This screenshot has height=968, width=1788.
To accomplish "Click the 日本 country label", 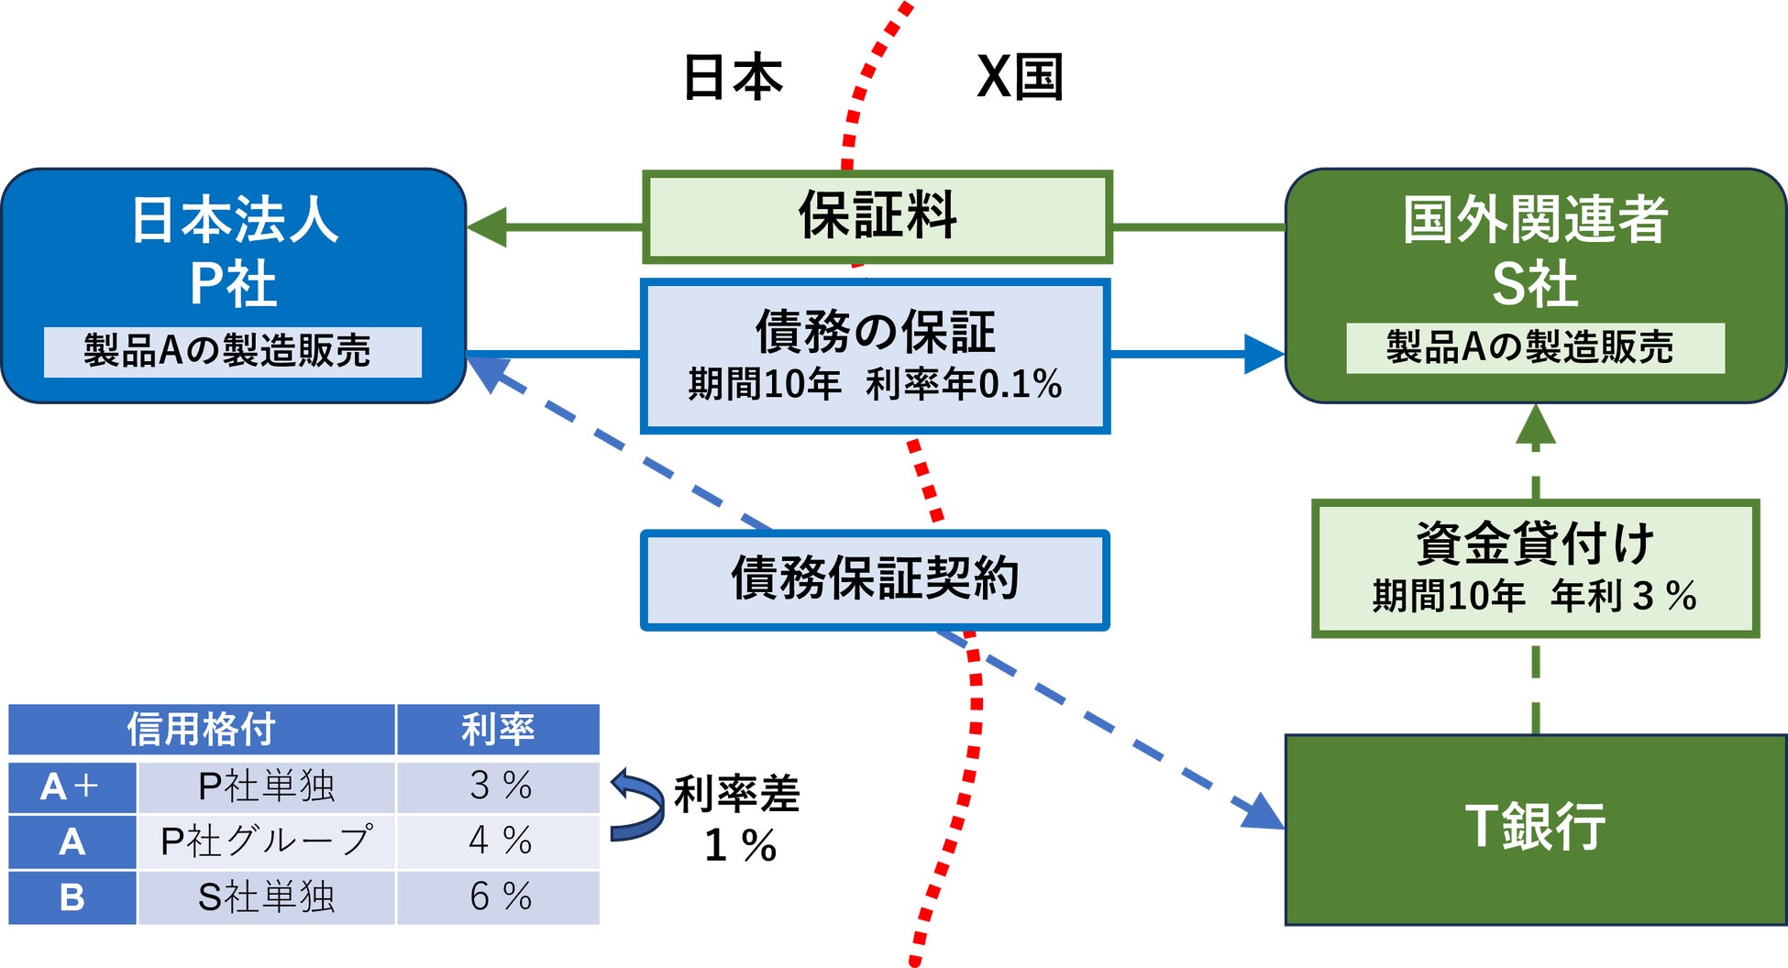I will coord(733,77).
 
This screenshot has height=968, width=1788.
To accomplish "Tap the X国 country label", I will coord(1020,77).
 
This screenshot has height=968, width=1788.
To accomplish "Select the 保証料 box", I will coord(877,217).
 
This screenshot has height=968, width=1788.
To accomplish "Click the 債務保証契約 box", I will coord(875,579).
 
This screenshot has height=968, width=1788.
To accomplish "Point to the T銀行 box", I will coord(1535,829).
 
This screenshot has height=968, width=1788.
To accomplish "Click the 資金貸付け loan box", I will coord(1535,567).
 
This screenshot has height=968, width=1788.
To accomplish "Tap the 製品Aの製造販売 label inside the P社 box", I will coord(232,351).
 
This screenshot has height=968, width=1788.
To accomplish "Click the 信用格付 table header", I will coord(201,730).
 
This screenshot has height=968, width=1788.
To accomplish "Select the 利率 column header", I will coord(498,730).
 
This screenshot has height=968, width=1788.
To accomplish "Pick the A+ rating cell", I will coord(72,786).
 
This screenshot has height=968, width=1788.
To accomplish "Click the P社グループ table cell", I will coord(266,841).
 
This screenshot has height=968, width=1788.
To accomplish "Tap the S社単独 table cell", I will coord(266,896).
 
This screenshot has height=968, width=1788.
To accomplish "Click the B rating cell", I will coord(72,896).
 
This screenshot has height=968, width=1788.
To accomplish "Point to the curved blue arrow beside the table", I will coord(636,805).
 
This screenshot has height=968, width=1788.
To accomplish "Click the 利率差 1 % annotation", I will coord(737,819).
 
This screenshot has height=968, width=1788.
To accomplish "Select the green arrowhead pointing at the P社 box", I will coord(487,226).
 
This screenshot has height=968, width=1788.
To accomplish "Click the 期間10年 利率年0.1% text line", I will coord(875,384).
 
